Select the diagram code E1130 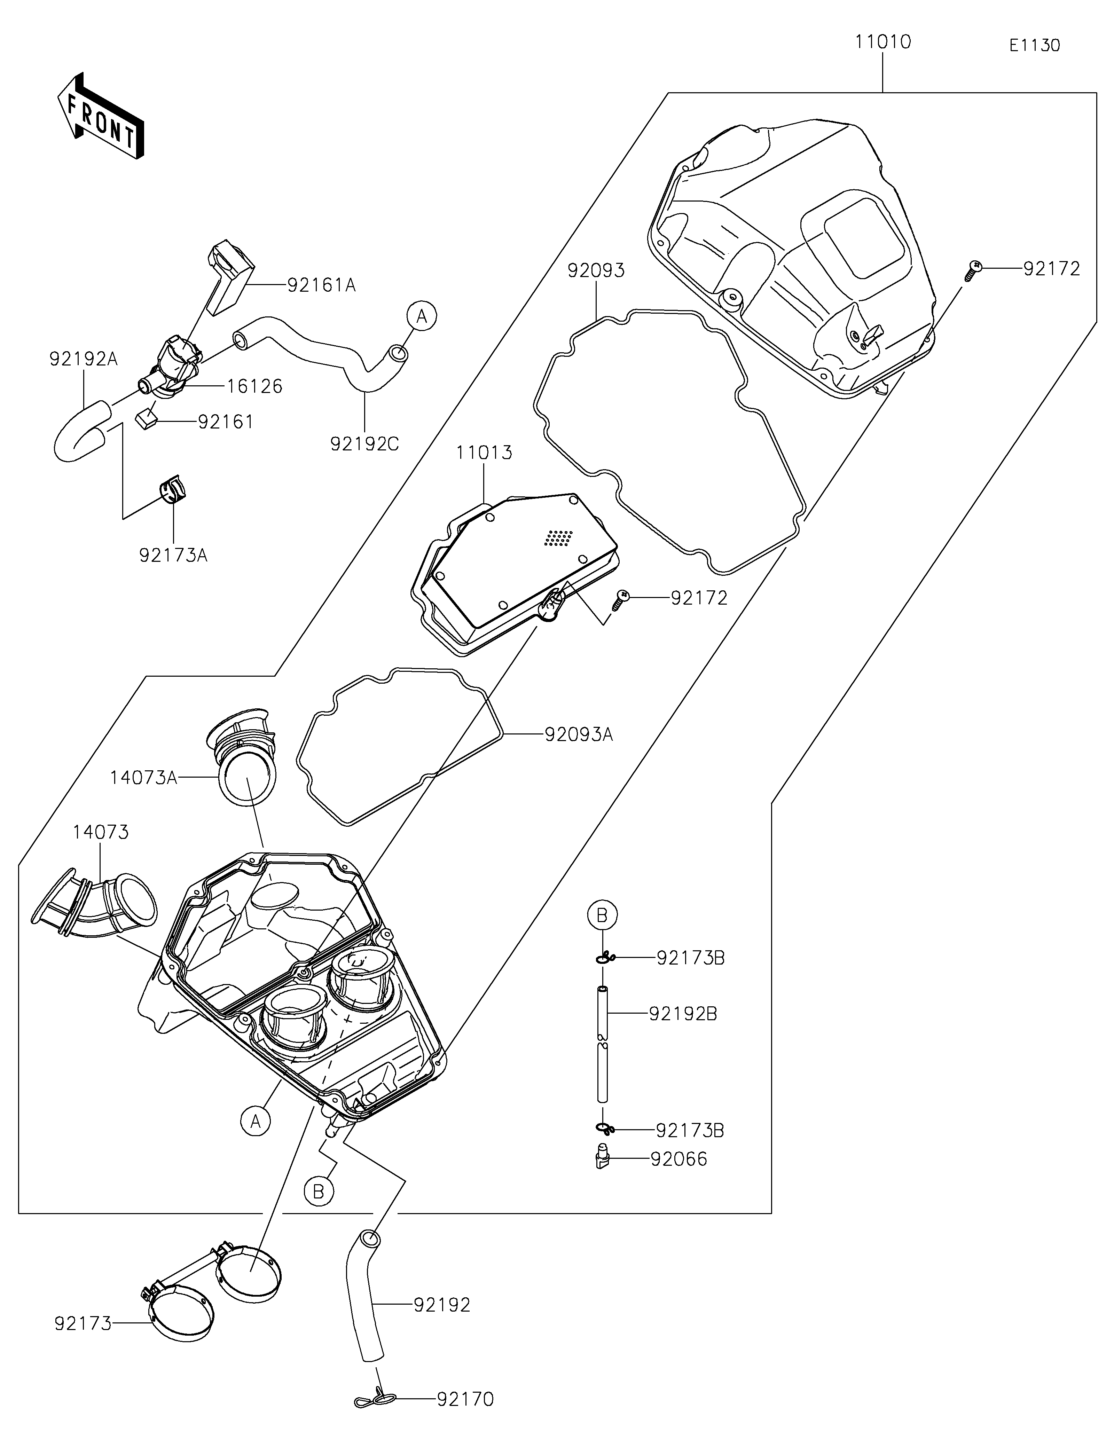[1034, 46]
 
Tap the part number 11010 [883, 42]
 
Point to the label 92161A [321, 285]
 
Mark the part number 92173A [173, 556]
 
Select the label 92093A [579, 734]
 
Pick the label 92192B [682, 1013]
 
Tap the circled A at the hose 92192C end [422, 316]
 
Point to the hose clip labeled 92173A [173, 489]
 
